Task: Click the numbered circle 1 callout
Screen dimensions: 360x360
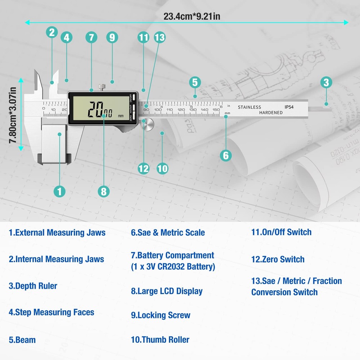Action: (59, 191)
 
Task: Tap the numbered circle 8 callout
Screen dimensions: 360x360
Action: (104, 191)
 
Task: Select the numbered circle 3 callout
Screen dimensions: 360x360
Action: (326, 82)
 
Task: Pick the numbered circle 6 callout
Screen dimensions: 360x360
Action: (226, 155)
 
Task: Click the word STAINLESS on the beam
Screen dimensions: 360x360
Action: (249, 107)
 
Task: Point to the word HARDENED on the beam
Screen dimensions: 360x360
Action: (271, 113)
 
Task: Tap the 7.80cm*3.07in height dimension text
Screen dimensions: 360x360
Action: (13, 115)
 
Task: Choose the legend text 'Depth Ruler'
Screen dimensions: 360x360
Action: (33, 286)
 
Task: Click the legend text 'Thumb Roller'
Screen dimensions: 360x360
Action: (160, 339)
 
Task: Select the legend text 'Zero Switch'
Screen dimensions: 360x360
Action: (278, 259)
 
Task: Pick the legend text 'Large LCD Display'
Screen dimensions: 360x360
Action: (167, 291)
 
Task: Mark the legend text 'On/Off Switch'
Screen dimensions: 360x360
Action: (281, 232)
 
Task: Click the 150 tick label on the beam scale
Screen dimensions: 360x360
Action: (216, 110)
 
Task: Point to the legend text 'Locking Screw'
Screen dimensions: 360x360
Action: (161, 315)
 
